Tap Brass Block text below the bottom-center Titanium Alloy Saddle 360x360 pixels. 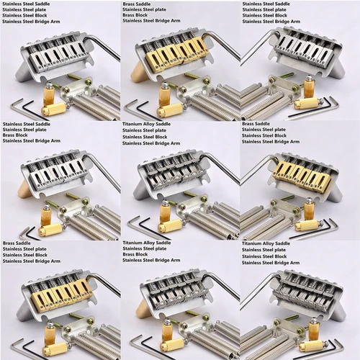pos(135,254)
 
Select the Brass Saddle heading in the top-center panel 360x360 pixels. pos(137,4)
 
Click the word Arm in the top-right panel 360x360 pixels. pos(295,22)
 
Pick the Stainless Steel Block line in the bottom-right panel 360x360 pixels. pos(264,256)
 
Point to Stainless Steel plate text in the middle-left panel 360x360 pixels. pos(24,130)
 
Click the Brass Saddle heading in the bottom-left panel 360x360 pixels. pos(17,243)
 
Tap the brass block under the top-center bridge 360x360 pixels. pos(138,71)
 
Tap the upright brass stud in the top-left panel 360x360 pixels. pos(48,93)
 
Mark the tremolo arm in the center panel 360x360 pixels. pos(222,167)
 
